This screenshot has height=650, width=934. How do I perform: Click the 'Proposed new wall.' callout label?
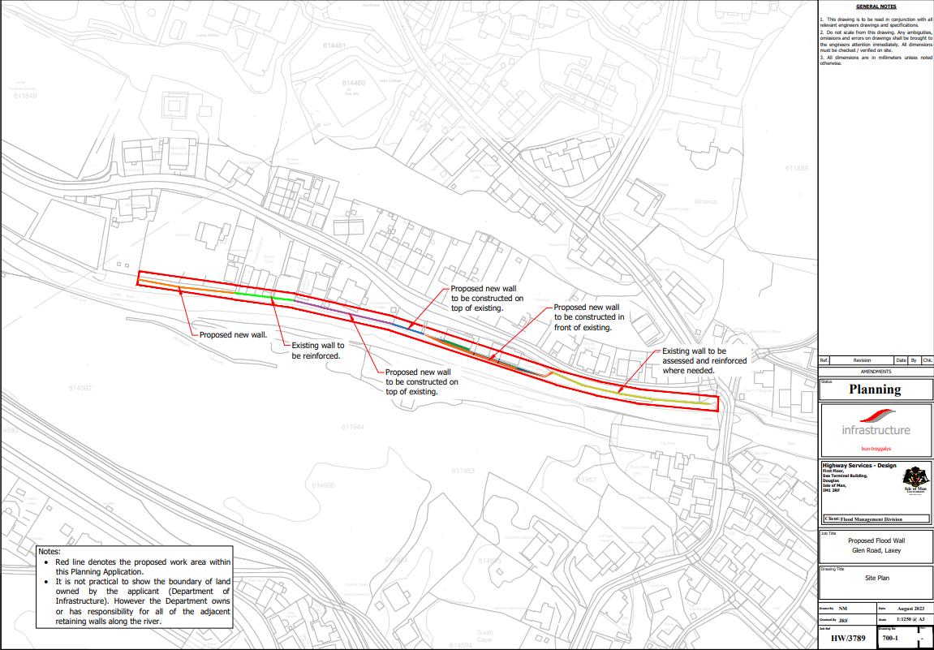(233, 334)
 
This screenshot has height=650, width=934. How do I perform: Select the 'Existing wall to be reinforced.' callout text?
(318, 351)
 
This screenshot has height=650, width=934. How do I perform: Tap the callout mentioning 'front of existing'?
(588, 317)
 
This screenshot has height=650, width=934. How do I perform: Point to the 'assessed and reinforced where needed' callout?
(704, 360)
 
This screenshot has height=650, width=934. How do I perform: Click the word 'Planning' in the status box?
(875, 390)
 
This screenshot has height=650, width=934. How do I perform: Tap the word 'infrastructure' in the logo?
(876, 430)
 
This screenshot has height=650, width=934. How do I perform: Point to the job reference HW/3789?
(848, 638)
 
